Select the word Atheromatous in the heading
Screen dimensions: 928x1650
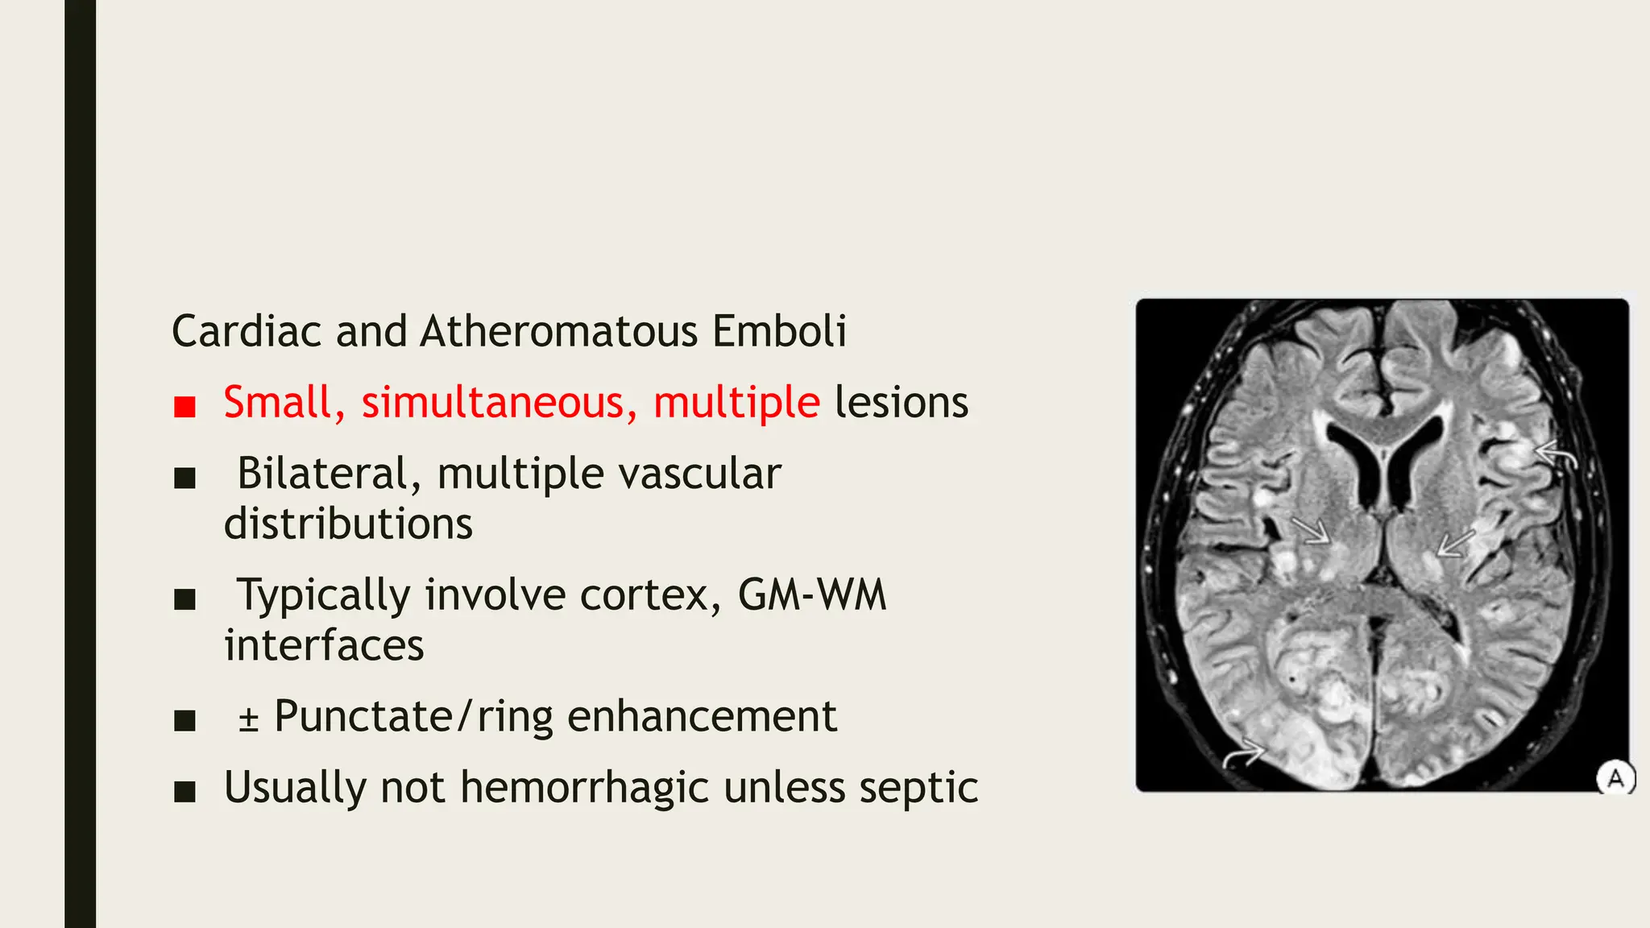click(x=558, y=331)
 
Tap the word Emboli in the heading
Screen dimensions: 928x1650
click(x=778, y=331)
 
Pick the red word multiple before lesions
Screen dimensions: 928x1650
click(x=736, y=404)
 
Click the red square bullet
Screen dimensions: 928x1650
click(x=185, y=406)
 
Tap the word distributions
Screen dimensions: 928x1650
click(x=348, y=524)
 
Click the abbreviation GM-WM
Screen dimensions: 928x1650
click(x=811, y=595)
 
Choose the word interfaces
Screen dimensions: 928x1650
click(x=324, y=646)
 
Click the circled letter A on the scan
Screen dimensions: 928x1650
click(x=1615, y=778)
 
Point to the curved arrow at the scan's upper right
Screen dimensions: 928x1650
click(x=1557, y=457)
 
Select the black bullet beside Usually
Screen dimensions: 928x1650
click(x=185, y=791)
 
